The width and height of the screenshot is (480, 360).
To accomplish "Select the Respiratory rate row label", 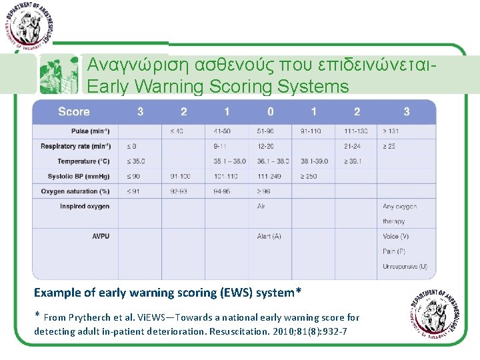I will (x=75, y=146).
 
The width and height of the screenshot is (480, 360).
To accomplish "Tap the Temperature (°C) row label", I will (x=83, y=161).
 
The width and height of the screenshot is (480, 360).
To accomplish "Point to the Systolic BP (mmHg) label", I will (x=79, y=176).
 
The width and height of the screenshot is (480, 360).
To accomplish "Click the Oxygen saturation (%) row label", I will (x=75, y=191).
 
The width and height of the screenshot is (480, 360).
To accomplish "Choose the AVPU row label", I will (x=101, y=236).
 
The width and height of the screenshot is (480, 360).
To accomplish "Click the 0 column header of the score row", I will (x=270, y=112).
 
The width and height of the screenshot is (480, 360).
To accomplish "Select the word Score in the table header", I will (x=74, y=112).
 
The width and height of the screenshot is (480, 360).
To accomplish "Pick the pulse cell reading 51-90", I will (x=266, y=131).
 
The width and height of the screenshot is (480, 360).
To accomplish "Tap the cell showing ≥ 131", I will (x=391, y=131).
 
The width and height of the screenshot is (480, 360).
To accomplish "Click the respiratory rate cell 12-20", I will (x=266, y=146).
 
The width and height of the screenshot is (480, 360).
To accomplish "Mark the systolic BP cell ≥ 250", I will (x=309, y=176).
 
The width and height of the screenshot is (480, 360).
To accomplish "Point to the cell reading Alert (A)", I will (x=269, y=236).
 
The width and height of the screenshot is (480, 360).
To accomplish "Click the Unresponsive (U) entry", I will (x=405, y=267).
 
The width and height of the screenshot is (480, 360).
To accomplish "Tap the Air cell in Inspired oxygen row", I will (x=261, y=207).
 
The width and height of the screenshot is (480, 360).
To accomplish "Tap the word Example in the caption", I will (x=57, y=293).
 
